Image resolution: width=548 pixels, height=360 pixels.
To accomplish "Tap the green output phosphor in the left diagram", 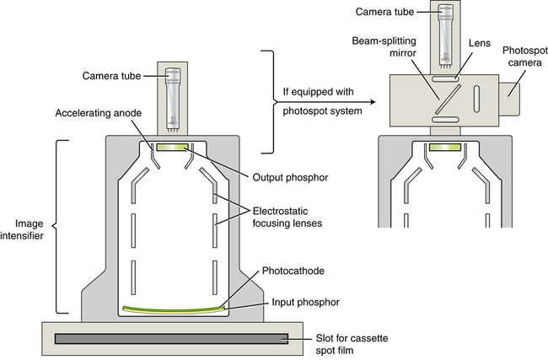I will (173, 147).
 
